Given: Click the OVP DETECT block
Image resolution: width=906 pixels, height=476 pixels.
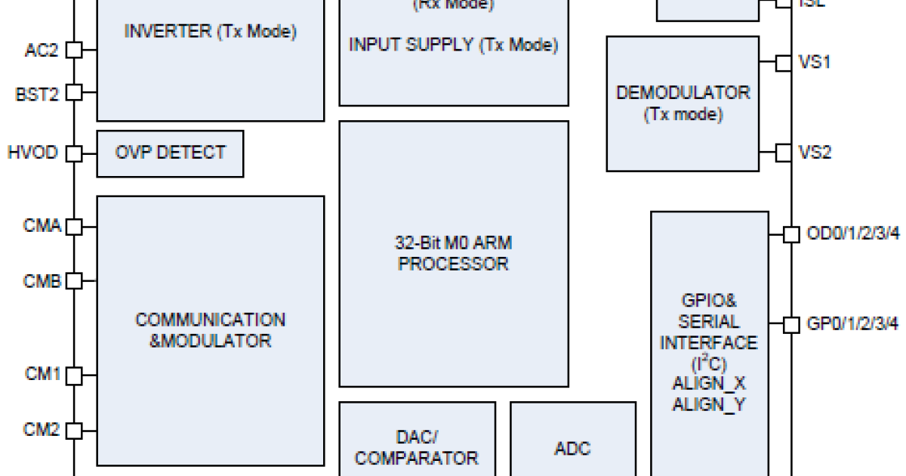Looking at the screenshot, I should pyautogui.click(x=170, y=153).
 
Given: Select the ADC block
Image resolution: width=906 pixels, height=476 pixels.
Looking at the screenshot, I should pyautogui.click(x=572, y=448).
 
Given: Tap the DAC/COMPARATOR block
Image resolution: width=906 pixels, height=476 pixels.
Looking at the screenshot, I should pyautogui.click(x=417, y=447).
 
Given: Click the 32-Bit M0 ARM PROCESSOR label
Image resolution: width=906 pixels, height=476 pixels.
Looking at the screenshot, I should pyautogui.click(x=453, y=254).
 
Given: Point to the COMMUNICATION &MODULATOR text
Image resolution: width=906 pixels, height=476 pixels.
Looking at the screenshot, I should pyautogui.click(x=210, y=330).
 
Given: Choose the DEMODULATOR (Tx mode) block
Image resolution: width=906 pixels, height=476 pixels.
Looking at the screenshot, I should pyautogui.click(x=683, y=104).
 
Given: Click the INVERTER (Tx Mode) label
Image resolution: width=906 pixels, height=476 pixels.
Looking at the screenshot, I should pyautogui.click(x=210, y=32).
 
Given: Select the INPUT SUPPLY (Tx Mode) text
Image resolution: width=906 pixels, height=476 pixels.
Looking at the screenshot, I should pyautogui.click(x=453, y=45).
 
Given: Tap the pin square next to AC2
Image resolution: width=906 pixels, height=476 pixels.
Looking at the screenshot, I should pyautogui.click(x=74, y=51).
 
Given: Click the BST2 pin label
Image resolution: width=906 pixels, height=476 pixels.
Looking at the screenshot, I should pyautogui.click(x=37, y=94).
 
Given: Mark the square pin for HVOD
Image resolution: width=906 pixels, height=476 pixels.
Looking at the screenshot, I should pyautogui.click(x=74, y=153).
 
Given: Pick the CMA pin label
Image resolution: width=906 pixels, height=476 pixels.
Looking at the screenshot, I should pyautogui.click(x=42, y=225).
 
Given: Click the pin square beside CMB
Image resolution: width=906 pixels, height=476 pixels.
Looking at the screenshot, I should pyautogui.click(x=74, y=281).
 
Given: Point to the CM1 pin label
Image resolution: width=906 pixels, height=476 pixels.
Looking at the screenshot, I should pyautogui.click(x=42, y=373).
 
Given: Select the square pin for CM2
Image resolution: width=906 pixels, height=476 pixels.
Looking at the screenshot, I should pyautogui.click(x=74, y=431).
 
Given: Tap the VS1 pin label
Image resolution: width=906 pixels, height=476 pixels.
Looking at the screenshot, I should pyautogui.click(x=815, y=62).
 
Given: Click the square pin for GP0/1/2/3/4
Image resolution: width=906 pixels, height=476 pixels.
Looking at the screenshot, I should pyautogui.click(x=790, y=325).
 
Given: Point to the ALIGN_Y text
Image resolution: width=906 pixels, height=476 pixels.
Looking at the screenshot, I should pyautogui.click(x=708, y=404).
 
